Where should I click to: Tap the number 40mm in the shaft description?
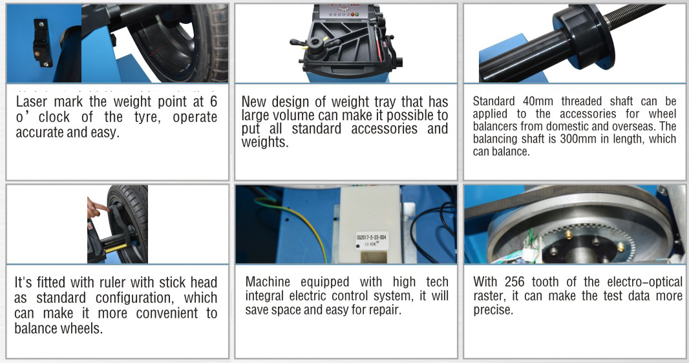(538, 101)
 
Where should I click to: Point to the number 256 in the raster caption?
(514, 282)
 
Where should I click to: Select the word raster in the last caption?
(488, 296)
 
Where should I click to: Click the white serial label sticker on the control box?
(371, 241)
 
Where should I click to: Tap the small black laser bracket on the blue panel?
(42, 43)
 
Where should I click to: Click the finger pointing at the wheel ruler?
(98, 207)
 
